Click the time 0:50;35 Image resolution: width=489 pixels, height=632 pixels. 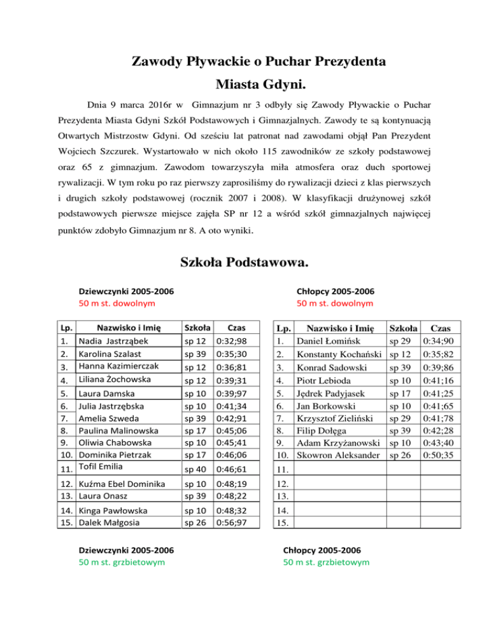441,455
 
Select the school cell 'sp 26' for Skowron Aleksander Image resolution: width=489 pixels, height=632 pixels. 399,455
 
